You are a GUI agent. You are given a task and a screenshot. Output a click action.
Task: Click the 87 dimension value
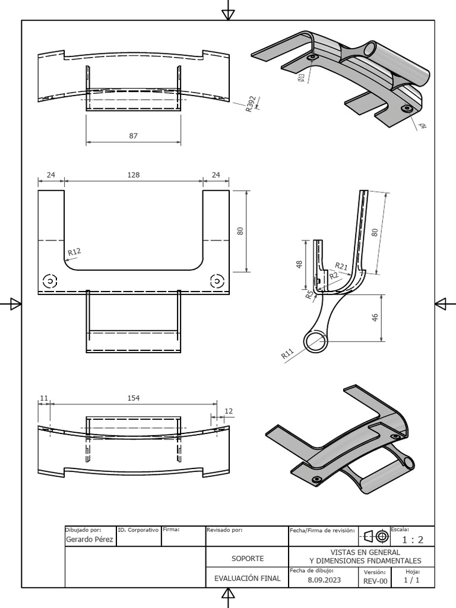coord(133,136)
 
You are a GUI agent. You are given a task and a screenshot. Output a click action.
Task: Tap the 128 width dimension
coord(133,175)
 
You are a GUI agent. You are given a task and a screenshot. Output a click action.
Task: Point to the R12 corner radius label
coord(74,252)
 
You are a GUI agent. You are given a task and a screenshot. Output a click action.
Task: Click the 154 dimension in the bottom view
coord(133,398)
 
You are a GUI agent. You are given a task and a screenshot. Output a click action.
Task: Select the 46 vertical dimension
coord(375,318)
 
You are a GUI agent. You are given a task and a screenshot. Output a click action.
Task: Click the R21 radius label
coord(341,265)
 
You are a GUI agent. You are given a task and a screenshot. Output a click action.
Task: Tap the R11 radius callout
coord(288,354)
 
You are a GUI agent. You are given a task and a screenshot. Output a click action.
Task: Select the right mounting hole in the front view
coord(217,280)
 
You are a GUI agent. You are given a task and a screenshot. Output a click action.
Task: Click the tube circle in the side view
coord(314,341)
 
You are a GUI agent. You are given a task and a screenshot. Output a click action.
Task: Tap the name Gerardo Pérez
coord(89,539)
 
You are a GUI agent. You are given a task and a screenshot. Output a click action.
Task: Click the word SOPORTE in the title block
coord(247,559)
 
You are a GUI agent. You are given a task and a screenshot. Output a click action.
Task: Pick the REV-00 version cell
coord(375,581)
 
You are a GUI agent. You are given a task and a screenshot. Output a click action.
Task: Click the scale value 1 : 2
coord(412,540)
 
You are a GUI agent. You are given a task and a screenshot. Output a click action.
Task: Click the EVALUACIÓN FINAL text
coord(247,578)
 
